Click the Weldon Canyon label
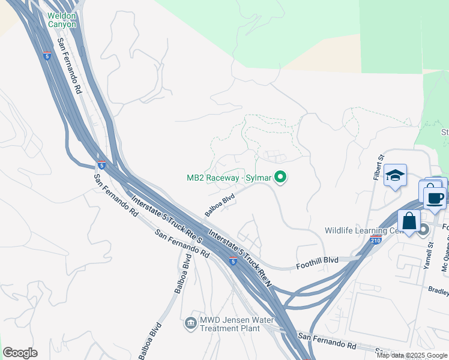[x=62, y=19]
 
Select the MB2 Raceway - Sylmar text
[x=228, y=178]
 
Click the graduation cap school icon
[x=396, y=175]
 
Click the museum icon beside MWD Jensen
[x=191, y=323]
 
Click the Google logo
[x=20, y=353]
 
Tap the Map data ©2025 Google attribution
[x=412, y=355]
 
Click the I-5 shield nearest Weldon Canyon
[x=47, y=56]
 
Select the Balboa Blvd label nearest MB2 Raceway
[x=219, y=204]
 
